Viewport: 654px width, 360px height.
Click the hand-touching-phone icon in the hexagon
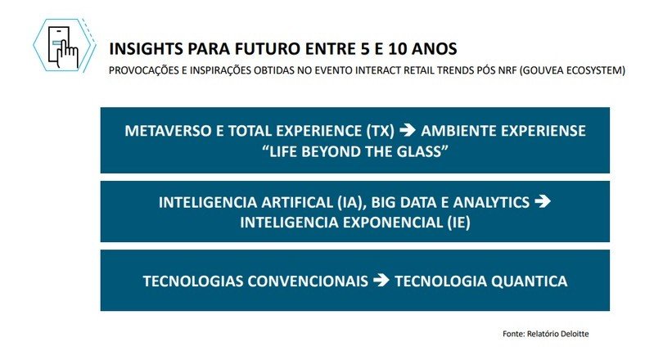(63, 47)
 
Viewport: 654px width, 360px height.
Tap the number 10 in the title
(398, 49)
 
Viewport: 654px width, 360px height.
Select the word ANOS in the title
(435, 49)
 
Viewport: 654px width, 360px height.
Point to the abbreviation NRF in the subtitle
(507, 70)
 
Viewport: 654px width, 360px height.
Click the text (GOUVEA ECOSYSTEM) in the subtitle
(573, 70)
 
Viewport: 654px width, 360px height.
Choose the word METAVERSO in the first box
(168, 131)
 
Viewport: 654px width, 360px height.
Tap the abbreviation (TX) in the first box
(380, 131)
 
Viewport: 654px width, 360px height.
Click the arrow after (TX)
(408, 130)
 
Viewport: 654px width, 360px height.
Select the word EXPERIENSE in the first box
(543, 131)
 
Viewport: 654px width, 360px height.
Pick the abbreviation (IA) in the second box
(349, 202)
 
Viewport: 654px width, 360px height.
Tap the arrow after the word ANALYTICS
(542, 201)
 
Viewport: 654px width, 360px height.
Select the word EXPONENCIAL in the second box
(393, 223)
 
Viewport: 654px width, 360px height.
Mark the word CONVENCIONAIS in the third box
(308, 281)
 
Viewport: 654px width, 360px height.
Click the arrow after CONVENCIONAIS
(381, 281)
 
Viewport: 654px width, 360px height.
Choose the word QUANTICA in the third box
(530, 281)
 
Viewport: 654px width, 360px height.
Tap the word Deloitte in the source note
(575, 334)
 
